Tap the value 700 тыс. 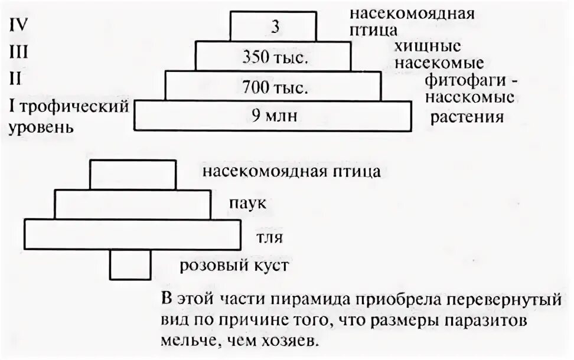[x=275, y=89]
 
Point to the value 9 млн [x=273, y=116]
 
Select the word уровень [x=41, y=127]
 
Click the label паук [x=247, y=204]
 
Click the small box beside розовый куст [x=130, y=264]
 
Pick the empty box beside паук [x=133, y=204]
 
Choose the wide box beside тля [x=133, y=234]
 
